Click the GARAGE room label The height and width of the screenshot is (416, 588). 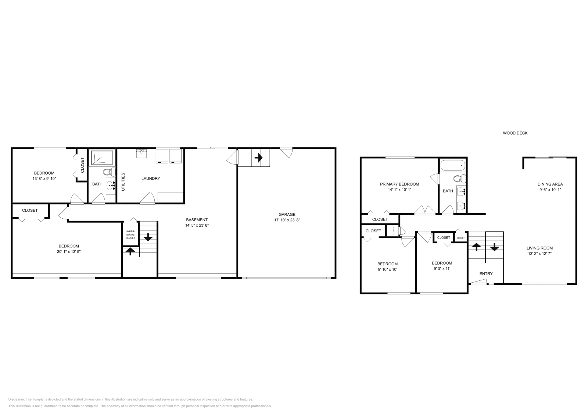287,214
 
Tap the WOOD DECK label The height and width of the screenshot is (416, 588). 515,133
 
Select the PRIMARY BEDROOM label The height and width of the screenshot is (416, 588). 399,184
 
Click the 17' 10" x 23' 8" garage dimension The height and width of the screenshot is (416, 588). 287,220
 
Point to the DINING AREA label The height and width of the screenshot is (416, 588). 550,184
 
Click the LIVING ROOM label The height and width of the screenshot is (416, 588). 539,248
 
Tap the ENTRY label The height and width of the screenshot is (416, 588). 486,273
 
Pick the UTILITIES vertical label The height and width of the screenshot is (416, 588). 123,182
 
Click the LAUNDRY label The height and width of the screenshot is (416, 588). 151,179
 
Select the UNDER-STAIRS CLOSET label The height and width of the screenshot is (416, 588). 130,235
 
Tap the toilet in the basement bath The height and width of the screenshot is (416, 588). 108,172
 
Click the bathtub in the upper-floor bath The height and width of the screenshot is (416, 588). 453,166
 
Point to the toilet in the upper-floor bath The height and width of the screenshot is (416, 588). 459,179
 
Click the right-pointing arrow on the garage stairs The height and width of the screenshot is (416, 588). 259,158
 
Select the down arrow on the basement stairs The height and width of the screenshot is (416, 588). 148,237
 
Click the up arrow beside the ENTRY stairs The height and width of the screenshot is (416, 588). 476,247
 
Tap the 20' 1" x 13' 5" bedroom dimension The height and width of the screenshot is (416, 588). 69,252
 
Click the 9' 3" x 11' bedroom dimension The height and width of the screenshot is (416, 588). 442,269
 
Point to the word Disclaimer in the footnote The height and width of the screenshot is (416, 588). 16,399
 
